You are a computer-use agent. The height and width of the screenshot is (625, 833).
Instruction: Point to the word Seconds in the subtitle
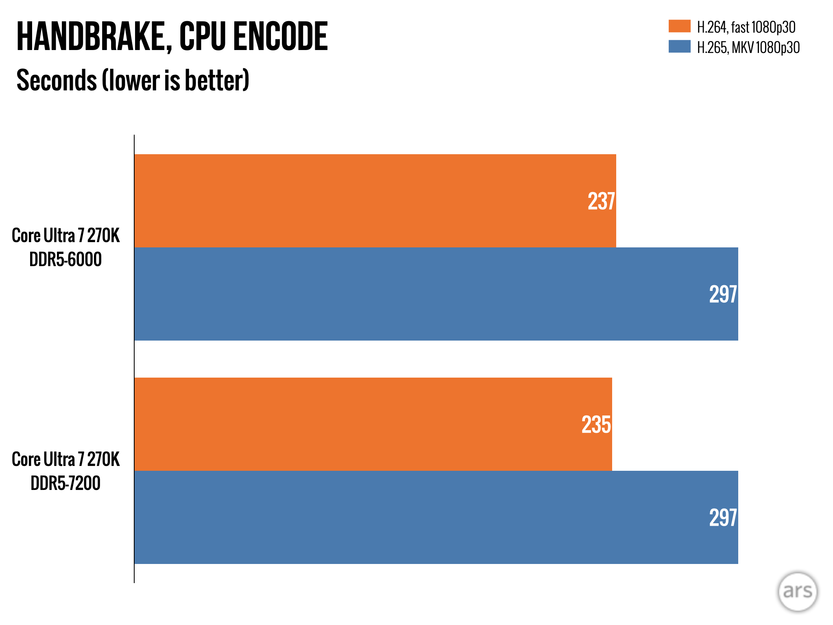tap(56, 81)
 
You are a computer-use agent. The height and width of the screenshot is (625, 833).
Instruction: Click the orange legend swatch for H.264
tap(679, 26)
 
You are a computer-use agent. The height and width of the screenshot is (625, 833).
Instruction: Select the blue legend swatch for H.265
tap(679, 46)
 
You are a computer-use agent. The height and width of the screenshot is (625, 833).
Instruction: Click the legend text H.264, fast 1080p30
tap(746, 27)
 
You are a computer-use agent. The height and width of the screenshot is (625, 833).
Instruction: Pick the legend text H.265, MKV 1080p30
tap(748, 48)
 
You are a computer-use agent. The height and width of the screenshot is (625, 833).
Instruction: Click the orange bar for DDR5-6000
tap(366, 201)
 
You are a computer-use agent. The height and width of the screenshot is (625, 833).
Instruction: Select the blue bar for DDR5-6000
tap(407, 294)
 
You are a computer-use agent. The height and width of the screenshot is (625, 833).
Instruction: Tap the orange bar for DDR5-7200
tap(366, 424)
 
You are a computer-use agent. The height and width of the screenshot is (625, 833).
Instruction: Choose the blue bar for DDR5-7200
tap(407, 517)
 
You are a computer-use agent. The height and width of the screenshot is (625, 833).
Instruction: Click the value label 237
tap(601, 201)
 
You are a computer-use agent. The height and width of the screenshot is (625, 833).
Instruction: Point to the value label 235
tap(596, 425)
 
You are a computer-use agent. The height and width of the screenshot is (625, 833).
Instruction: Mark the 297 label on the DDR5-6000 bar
tap(723, 295)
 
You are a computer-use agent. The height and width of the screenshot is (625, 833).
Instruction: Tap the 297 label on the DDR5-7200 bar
tap(723, 518)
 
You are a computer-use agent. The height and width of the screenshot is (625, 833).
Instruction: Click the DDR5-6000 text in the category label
tap(65, 260)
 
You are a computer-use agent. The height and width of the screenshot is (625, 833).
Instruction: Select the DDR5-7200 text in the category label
tap(65, 483)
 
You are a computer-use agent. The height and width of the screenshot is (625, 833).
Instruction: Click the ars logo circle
tap(797, 592)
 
